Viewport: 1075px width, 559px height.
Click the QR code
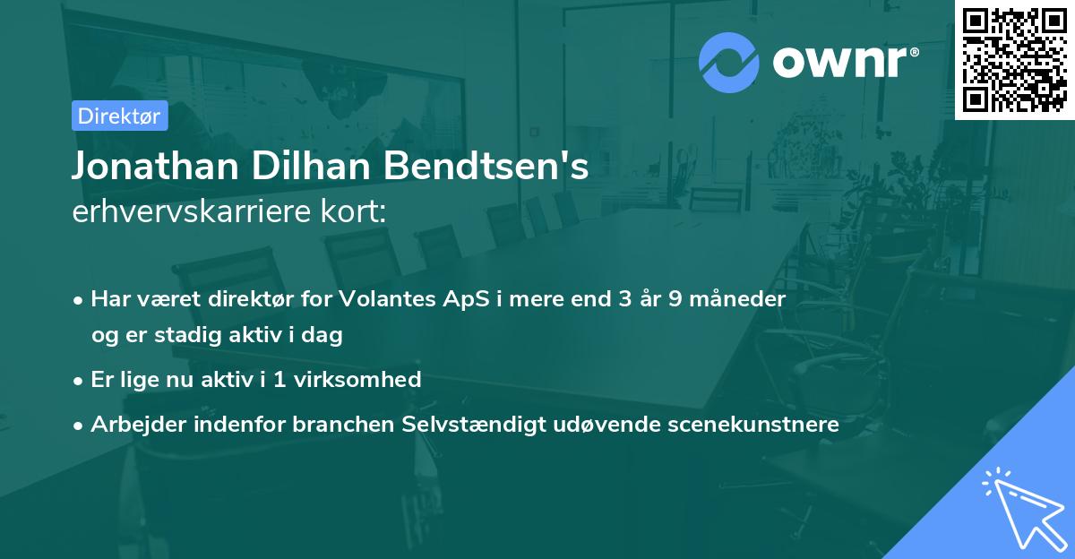1014,59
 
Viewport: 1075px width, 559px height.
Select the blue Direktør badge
119,116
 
